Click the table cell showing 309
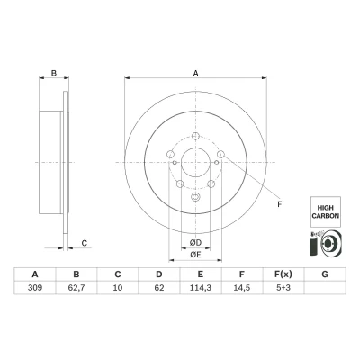tap(35, 288)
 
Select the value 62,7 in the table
tap(76, 288)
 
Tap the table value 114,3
tap(201, 288)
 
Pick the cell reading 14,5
tap(242, 288)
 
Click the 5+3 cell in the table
tap(283, 288)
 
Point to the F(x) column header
tap(283, 274)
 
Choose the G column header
tap(325, 274)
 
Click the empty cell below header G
tap(325, 288)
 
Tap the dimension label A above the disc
tap(195, 73)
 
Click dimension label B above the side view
tap(54, 73)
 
